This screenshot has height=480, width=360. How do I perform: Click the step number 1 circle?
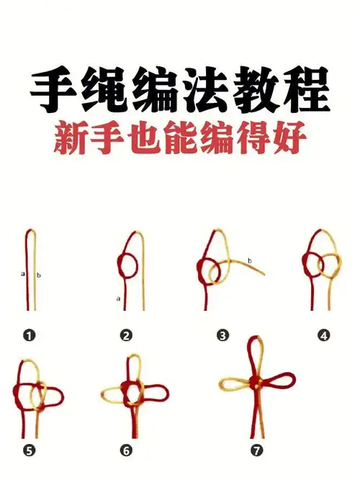30,335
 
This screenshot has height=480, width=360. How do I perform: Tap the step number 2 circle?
127,335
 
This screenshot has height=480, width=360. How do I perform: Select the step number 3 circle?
222,335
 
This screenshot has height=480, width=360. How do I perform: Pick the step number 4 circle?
324,335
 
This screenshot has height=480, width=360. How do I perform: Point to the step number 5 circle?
30,451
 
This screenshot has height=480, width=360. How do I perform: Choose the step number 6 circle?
127,451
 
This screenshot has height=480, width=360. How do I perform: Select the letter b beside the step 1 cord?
38,275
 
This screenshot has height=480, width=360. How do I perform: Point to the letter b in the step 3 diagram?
249,260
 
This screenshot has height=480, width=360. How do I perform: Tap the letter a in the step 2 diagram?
117,297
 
